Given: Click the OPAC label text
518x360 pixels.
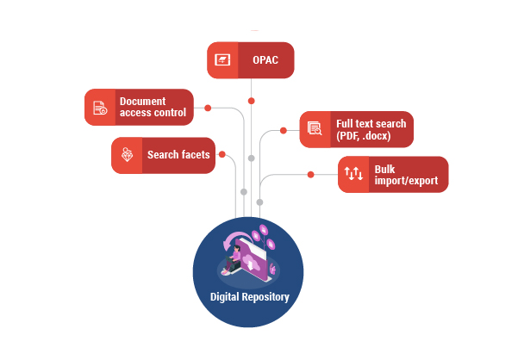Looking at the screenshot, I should point(265,60).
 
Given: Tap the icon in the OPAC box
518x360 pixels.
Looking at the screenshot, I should point(222,60).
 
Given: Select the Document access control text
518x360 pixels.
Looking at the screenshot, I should point(152,106).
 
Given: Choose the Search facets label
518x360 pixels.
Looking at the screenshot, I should point(178,155).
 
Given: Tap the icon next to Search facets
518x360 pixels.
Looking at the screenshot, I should point(127,156).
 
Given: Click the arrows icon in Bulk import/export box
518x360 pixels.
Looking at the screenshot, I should point(353,175).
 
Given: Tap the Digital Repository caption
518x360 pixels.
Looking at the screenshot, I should point(250,297).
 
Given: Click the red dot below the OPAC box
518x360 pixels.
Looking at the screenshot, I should point(251,101).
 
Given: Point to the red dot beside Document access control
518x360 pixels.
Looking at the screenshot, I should point(208,110).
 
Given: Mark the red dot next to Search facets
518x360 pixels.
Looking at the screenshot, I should point(222,155).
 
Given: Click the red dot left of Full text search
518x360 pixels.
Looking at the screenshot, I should point(284,131).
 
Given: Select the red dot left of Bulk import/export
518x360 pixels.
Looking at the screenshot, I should point(310,176).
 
